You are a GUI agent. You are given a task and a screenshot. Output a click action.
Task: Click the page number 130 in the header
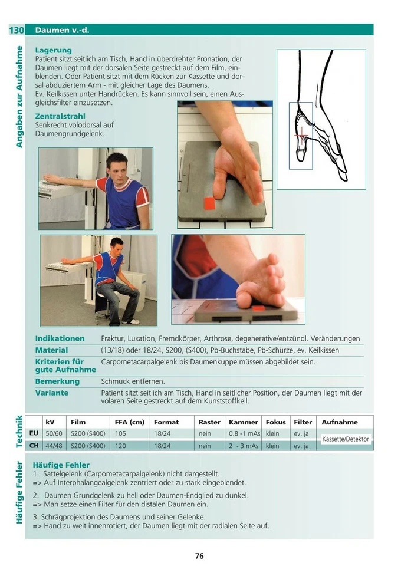(x=16, y=29)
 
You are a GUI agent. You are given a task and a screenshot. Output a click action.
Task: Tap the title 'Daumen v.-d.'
(x=62, y=29)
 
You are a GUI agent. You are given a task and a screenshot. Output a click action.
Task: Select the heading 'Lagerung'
(x=53, y=51)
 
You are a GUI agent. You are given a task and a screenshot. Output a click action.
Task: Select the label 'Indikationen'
(x=60, y=339)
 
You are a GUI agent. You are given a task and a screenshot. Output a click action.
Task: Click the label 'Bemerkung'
(x=57, y=381)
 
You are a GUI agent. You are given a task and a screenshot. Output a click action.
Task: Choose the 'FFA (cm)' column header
(x=129, y=422)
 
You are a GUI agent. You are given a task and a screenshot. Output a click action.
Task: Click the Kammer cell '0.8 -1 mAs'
(x=244, y=434)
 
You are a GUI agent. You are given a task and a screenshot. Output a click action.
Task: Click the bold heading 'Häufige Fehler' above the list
(x=61, y=465)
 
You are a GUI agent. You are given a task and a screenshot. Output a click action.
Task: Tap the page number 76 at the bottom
(x=199, y=556)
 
